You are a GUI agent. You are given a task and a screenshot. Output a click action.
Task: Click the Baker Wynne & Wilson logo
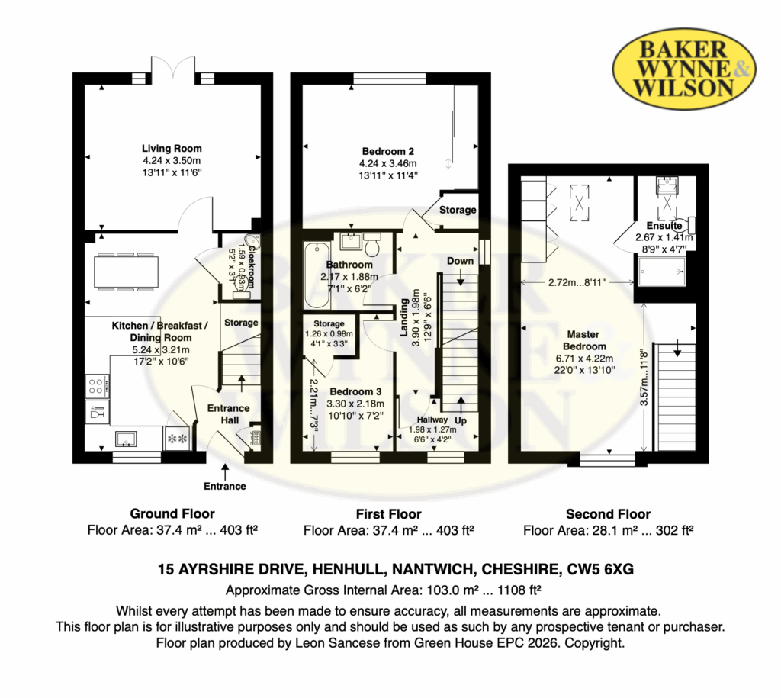coord(684,69)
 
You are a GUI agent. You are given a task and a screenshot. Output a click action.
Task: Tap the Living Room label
coord(172,149)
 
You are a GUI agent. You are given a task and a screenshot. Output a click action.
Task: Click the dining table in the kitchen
coord(126,272)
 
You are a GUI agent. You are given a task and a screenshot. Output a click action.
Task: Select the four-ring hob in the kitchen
coord(97,386)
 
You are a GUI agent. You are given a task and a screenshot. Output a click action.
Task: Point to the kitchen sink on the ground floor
coord(126,439)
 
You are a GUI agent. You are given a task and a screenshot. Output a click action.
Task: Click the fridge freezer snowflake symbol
coord(177,439)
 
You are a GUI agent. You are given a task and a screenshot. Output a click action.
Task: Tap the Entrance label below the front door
coord(225,486)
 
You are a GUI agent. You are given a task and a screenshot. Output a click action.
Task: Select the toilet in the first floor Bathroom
coord(372,244)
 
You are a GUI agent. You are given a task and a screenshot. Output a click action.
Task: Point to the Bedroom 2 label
coord(388,152)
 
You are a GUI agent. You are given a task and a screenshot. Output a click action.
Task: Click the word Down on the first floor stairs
coord(460,261)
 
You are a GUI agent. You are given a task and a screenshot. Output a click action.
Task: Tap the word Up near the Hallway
coord(461,420)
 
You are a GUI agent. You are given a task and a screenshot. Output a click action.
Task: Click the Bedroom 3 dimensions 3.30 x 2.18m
coord(355,404)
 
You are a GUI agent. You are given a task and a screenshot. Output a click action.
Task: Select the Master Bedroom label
coord(584,340)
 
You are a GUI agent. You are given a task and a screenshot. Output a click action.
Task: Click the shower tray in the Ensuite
coord(662,272)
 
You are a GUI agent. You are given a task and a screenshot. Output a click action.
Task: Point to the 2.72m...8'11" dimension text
coord(577,282)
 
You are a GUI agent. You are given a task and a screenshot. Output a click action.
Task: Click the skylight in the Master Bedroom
coord(580,202)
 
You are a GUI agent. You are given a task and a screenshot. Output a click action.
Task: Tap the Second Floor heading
coord(608,514)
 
